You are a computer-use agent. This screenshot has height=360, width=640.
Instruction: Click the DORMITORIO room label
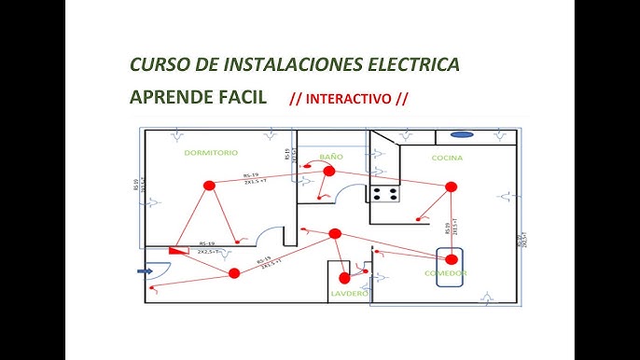point(211,152)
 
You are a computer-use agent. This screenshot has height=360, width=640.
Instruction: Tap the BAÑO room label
point(331,158)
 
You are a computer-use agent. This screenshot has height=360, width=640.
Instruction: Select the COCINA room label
point(447,159)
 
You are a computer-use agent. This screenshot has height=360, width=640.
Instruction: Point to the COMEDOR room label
point(445,273)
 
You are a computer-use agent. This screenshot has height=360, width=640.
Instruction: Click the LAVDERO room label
point(349,294)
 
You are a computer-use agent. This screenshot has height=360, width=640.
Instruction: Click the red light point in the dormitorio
point(209,186)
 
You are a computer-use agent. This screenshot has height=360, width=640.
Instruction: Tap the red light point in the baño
point(328,172)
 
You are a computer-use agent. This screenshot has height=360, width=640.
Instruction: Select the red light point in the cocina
point(452,187)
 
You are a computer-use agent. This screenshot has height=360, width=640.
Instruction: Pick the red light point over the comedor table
point(452,258)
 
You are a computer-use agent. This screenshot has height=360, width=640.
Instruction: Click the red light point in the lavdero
point(344,277)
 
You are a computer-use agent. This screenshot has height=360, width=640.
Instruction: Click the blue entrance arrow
point(145,271)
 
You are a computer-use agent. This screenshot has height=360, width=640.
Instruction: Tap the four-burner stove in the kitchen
point(385,195)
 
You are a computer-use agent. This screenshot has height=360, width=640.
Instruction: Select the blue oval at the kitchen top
point(464,134)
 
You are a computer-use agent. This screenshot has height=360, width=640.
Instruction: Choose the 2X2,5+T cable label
point(207,251)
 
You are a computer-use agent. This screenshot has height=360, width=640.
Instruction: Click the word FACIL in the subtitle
point(243,97)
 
